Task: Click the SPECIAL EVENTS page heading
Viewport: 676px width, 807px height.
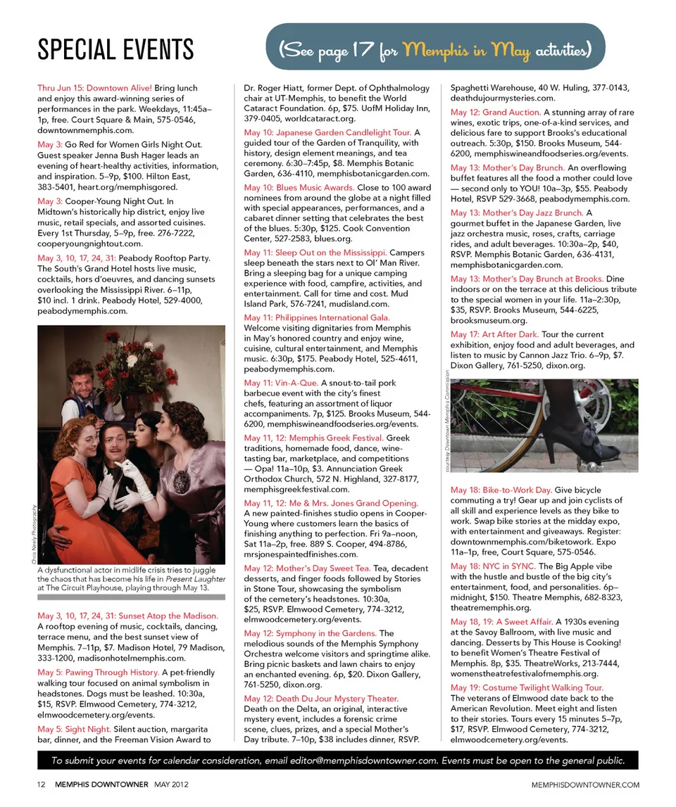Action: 115,49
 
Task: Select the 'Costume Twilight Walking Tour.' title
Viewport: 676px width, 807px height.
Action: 527,687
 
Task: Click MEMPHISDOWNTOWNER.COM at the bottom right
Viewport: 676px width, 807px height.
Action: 585,784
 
